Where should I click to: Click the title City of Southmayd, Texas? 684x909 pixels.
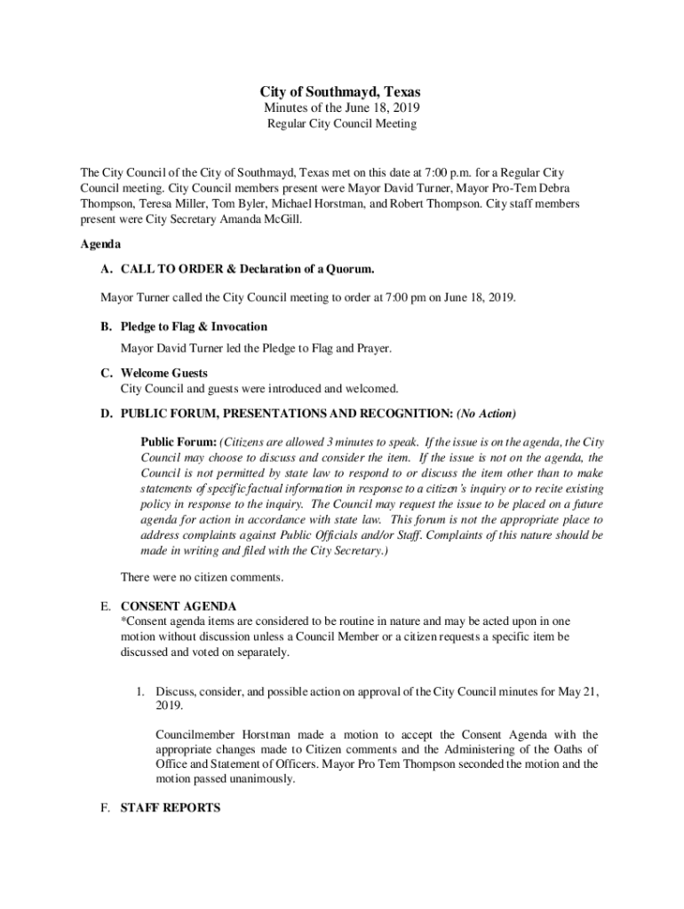(x=340, y=92)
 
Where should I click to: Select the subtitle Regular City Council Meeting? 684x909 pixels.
(x=342, y=124)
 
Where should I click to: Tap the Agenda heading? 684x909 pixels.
(x=100, y=243)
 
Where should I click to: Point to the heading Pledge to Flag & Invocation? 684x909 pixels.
(x=194, y=327)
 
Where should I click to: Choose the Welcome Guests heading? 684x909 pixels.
(x=164, y=373)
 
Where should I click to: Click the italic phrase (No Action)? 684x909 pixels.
(x=486, y=414)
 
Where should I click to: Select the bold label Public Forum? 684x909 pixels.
(x=179, y=441)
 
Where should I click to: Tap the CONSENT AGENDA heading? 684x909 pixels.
(x=179, y=606)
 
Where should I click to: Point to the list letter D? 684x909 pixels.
(x=106, y=414)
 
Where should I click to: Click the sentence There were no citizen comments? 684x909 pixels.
(x=202, y=578)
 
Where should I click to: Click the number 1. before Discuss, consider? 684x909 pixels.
(x=139, y=692)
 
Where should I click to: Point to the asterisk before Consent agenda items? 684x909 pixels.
(x=123, y=621)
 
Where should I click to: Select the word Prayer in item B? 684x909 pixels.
(x=371, y=349)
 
